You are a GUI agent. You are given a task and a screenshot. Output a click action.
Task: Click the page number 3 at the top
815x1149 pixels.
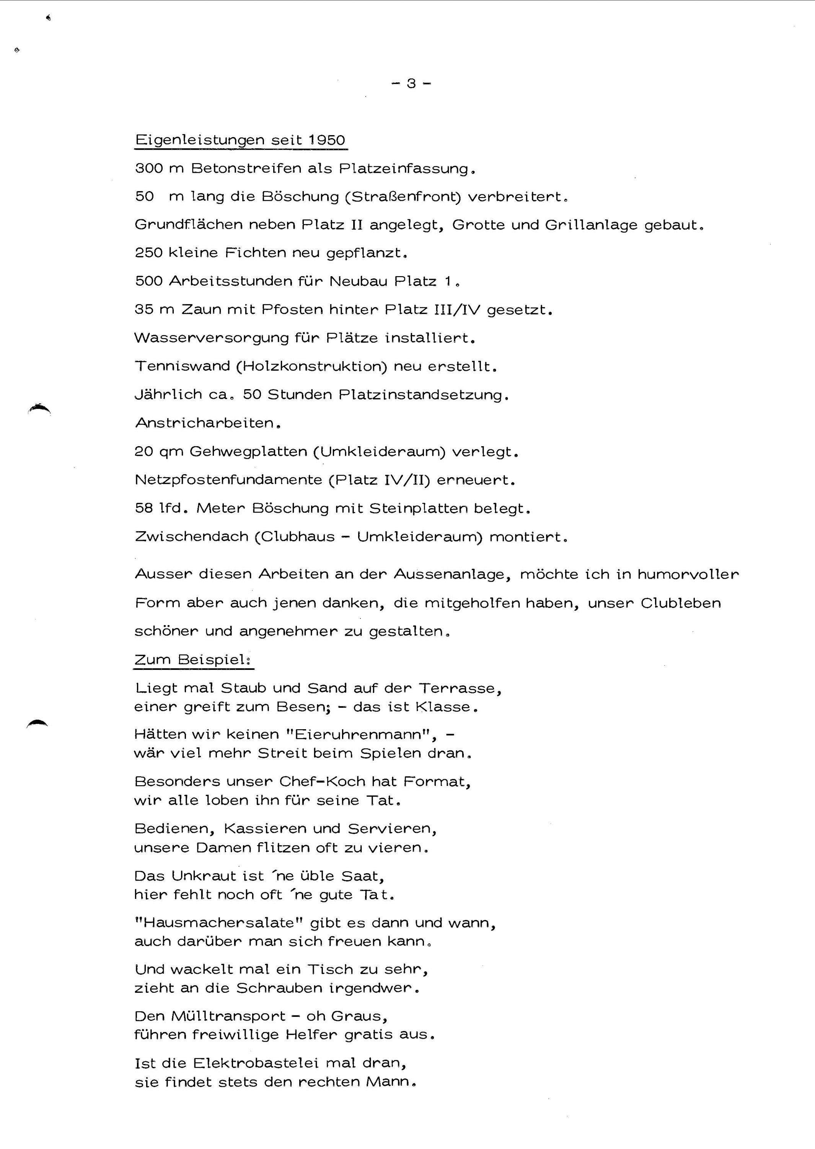(x=411, y=83)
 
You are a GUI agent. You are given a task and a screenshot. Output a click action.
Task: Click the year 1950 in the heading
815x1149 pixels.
(x=327, y=140)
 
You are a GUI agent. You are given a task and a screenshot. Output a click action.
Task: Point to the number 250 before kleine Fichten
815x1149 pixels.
(x=148, y=253)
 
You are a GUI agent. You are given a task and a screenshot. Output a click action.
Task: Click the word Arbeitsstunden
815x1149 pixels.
(x=230, y=281)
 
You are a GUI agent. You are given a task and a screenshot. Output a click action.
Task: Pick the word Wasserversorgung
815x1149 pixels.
(x=211, y=338)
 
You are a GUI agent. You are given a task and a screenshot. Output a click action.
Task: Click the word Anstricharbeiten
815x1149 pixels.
(x=205, y=423)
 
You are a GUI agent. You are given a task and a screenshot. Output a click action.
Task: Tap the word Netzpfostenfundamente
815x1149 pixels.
(x=228, y=480)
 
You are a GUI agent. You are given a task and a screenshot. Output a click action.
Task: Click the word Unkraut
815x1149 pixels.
(x=203, y=876)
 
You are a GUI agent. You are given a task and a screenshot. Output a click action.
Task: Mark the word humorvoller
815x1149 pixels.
(x=688, y=574)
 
